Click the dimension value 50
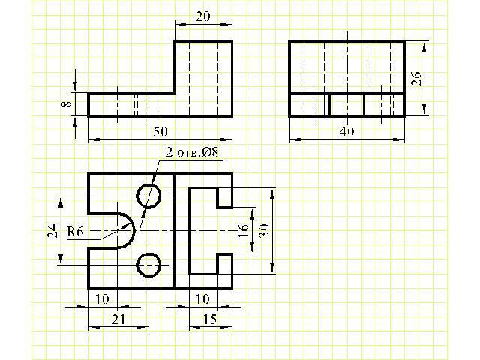tap(160, 132)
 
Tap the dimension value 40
tap(346, 132)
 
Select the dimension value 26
tap(416, 78)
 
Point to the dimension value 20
tap(203, 16)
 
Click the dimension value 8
tap(67, 103)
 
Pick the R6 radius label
tap(75, 232)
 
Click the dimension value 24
tap(52, 231)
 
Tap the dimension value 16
tap(243, 230)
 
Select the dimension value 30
tap(264, 230)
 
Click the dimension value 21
tap(118, 319)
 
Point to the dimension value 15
tap(211, 319)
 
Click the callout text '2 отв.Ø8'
tap(192, 152)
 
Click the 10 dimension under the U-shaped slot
tap(102, 299)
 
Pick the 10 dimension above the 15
tap(202, 299)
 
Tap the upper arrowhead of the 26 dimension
tap(424, 47)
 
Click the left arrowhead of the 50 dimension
tap(94, 139)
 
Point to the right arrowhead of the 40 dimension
tap(399, 140)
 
